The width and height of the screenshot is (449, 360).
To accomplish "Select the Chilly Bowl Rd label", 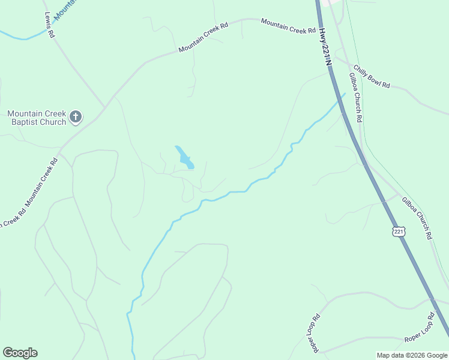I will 372,77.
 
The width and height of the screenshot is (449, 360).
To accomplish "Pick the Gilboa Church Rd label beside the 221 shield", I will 417,218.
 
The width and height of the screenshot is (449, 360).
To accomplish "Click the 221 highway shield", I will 399,232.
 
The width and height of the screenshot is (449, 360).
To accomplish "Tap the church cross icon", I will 75,117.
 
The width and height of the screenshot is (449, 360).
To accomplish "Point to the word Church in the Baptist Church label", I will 51,122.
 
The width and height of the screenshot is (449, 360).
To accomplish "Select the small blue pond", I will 184,158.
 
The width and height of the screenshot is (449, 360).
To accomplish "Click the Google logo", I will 20,353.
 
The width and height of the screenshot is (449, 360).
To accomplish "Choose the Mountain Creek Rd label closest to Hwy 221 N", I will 288,26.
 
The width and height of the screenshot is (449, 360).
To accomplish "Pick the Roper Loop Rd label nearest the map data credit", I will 419,328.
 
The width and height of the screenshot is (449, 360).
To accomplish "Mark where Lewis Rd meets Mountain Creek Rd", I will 104,107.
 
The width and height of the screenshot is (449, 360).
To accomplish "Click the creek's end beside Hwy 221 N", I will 345,94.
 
